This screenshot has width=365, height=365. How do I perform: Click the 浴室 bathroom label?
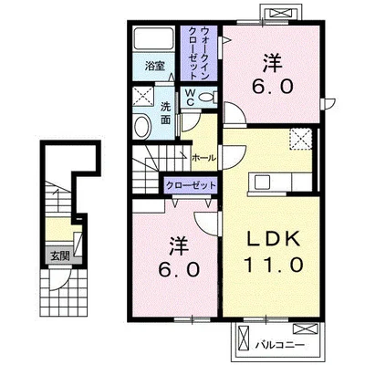coord(155,66)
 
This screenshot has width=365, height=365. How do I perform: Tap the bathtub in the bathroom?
coord(154,38)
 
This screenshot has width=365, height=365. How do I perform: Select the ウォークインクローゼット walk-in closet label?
coord(199,53)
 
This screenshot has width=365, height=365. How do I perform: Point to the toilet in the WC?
coord(209,98)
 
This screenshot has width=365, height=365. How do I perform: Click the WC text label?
coord(190,98)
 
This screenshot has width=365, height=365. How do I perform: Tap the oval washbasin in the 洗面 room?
coord(142,127)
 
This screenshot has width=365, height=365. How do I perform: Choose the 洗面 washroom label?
coord(165,113)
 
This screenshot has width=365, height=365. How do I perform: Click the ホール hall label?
coord(203,158)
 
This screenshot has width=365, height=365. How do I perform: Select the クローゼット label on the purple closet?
coord(191,185)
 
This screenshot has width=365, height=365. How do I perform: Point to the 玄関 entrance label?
coord(60,256)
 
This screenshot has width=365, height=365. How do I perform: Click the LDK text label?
coord(274,239)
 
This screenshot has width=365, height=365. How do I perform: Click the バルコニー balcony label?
coord(279,345)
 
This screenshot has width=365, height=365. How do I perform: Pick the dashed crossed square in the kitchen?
coord(300,139)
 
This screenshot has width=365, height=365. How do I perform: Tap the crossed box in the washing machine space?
coord(143,96)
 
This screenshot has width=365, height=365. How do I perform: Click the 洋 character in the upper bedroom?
coord(273,63)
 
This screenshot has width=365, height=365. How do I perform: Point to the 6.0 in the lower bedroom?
coord(180,269)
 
